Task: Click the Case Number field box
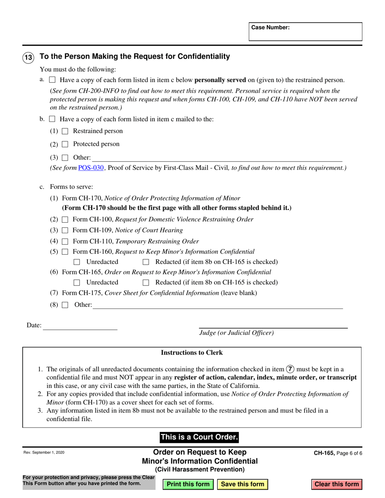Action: (305, 32)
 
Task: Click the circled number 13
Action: (28, 57)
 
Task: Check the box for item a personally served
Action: (52, 80)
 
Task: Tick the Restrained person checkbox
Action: (65, 131)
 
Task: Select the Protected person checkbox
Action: (65, 144)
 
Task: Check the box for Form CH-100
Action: (65, 219)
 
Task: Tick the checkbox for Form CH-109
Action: (65, 230)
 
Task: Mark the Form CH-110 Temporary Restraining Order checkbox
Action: (65, 241)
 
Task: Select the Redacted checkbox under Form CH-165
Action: (146, 283)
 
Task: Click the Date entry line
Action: (80, 326)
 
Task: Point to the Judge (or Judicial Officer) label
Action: (236, 333)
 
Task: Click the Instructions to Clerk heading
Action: (192, 353)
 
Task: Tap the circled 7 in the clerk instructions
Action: (290, 369)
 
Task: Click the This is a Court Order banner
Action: (199, 437)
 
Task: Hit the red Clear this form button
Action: (337, 484)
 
